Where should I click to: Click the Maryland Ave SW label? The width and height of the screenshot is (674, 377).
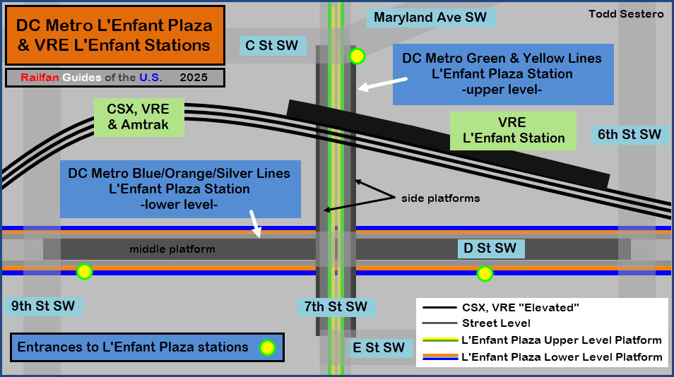[430, 17]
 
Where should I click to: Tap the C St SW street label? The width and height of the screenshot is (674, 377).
[272, 46]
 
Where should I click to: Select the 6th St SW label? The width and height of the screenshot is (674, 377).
[629, 134]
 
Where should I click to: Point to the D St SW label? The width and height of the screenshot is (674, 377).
[490, 248]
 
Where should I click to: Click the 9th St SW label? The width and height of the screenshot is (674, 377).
[43, 306]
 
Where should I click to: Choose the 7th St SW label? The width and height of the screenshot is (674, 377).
[336, 306]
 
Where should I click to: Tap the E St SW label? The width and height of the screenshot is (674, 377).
[379, 347]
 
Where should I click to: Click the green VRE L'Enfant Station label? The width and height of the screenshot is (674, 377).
[514, 131]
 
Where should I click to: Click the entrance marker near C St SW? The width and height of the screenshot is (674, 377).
[357, 56]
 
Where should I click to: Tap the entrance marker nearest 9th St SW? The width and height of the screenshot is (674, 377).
[84, 272]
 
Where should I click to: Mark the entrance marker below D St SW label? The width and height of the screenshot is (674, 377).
[485, 273]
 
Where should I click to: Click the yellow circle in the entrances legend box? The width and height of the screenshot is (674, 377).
[267, 347]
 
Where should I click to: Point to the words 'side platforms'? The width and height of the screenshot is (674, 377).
[440, 198]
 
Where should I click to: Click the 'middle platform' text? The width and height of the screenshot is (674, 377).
[172, 249]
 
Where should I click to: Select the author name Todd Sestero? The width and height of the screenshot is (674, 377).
[626, 14]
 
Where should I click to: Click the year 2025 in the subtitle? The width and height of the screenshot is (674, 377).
[194, 78]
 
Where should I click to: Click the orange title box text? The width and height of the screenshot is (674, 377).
[114, 35]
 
